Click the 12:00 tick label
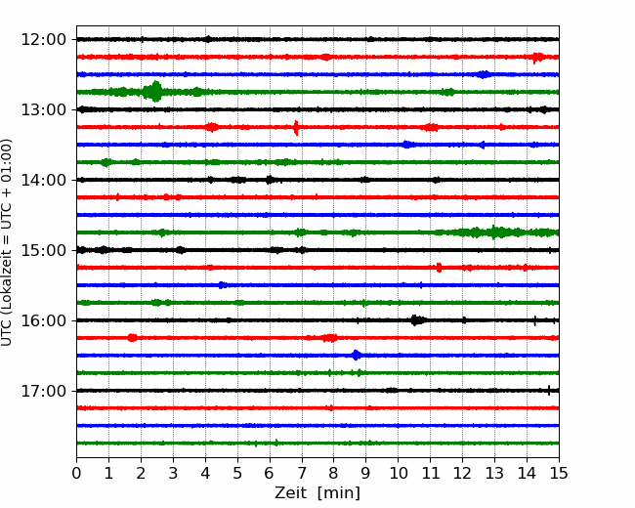tap(43, 40)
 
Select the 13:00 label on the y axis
tap(43, 109)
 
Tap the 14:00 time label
tap(43, 180)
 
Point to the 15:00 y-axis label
tap(43, 250)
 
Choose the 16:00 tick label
tap(43, 320)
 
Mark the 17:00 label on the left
tap(43, 391)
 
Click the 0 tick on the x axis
tap(76, 473)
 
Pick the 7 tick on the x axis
tap(302, 473)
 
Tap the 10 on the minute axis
tap(398, 473)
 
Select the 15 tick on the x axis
tap(559, 473)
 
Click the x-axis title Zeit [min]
tap(317, 493)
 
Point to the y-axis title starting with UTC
tap(7, 242)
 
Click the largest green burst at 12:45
tap(154, 92)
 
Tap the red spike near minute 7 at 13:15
tap(296, 128)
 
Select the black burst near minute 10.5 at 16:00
tap(417, 320)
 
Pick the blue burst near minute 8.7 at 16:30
tap(357, 356)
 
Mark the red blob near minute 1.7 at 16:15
tap(133, 337)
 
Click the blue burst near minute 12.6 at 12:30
tap(484, 74)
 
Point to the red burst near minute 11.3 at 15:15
tap(439, 268)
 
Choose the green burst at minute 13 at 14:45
tap(493, 233)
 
